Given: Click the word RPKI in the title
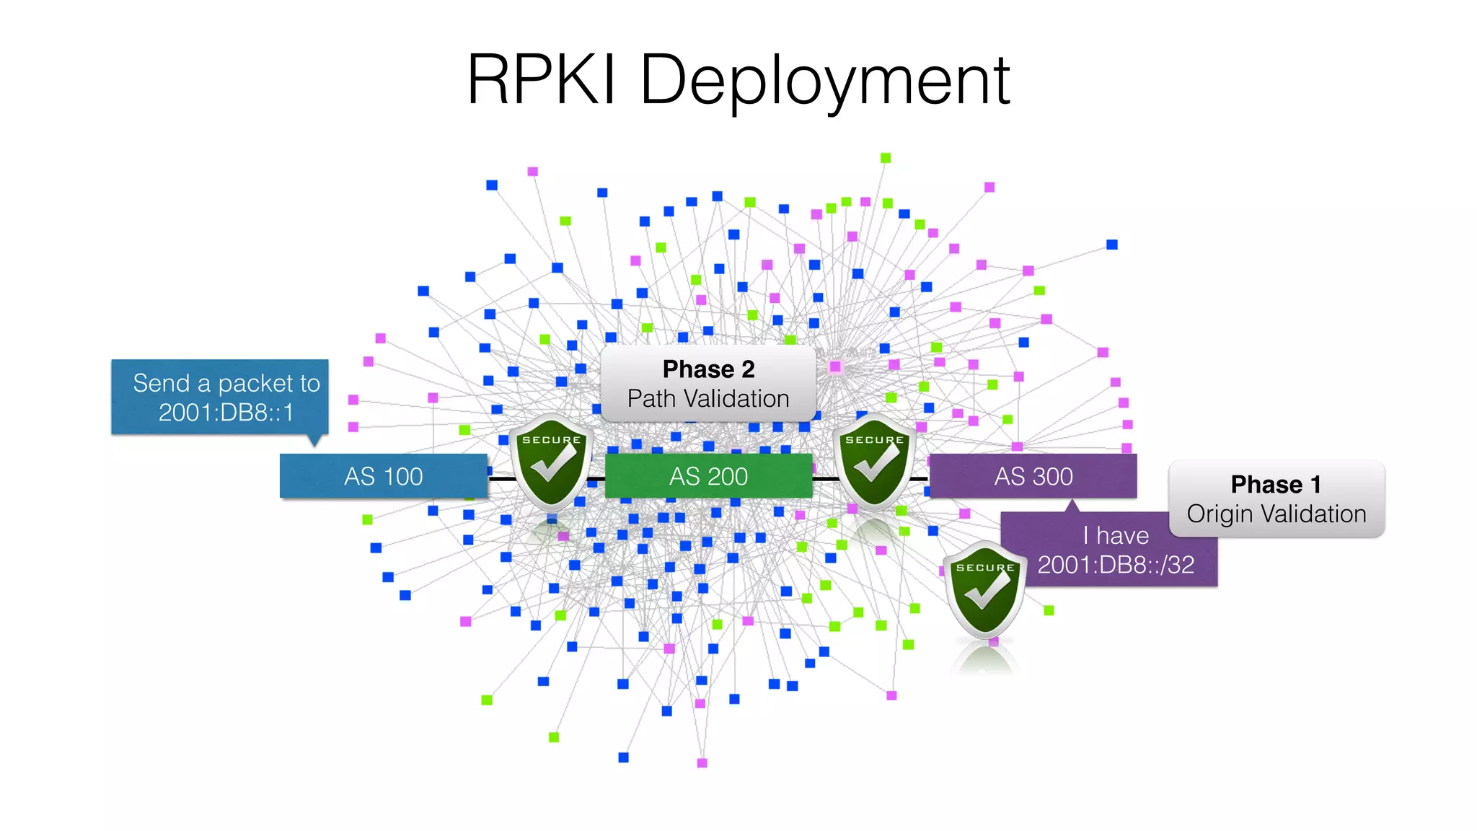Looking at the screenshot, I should (541, 80).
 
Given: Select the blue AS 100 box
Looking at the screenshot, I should (383, 476).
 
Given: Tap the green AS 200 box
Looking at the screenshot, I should (708, 476).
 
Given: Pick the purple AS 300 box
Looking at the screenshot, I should (1033, 476).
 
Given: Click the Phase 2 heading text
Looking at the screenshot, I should (708, 369).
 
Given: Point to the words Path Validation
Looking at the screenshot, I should (708, 399).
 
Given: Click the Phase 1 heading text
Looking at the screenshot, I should (1276, 485).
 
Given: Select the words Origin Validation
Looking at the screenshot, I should (1276, 514).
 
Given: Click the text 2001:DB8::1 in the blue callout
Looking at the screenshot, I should (226, 413).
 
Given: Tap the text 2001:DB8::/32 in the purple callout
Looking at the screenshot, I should (1115, 565).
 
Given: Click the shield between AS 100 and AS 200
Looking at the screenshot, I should (552, 462).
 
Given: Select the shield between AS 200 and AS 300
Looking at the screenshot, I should (875, 462).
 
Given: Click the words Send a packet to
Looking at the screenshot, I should (226, 383).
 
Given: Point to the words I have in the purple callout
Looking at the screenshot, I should (1115, 535).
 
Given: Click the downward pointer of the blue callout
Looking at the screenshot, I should (314, 440).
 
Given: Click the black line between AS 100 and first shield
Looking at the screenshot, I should (500, 478).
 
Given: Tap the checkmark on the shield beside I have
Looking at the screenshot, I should (987, 592).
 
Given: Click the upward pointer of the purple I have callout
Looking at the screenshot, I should (1072, 506).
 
